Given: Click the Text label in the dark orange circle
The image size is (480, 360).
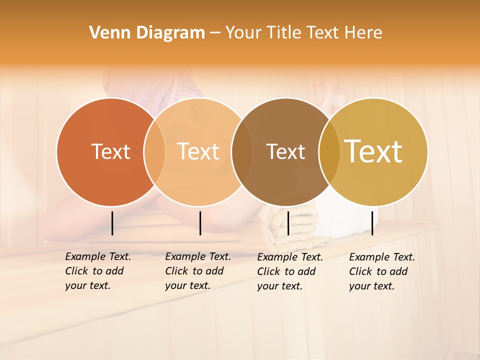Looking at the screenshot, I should pyautogui.click(x=110, y=151).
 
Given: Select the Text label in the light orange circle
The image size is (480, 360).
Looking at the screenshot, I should pyautogui.click(x=198, y=151).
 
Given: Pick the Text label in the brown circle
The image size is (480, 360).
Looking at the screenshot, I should pyautogui.click(x=285, y=151).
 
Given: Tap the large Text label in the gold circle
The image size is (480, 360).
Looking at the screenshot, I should pyautogui.click(x=373, y=151).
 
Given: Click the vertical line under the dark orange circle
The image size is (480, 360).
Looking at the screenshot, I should pyautogui.click(x=112, y=223).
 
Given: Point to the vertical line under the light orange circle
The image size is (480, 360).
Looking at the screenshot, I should pyautogui.click(x=200, y=223).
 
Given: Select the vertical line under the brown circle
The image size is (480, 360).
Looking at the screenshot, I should pyautogui.click(x=288, y=223).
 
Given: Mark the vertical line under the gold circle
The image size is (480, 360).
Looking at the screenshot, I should pyautogui.click(x=372, y=223).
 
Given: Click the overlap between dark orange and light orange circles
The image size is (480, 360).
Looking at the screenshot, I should pyautogui.click(x=154, y=151).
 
